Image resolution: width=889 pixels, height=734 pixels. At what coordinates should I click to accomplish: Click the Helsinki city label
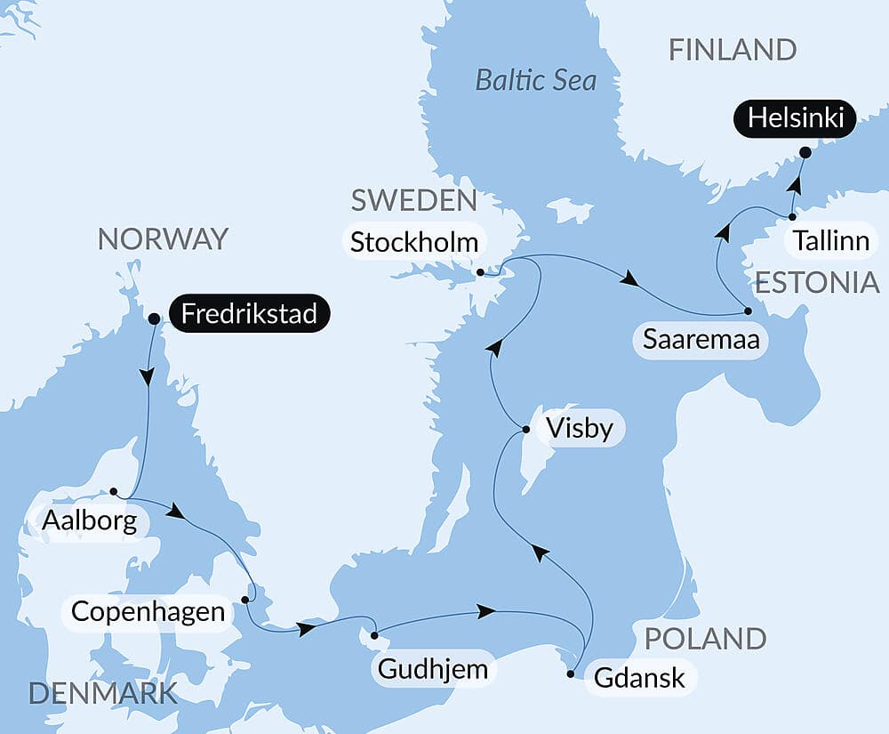795,118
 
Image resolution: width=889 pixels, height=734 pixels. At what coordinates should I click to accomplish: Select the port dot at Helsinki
805,152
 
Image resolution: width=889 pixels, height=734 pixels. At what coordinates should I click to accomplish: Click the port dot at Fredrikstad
154,318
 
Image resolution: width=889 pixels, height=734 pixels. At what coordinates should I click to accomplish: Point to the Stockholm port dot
480,272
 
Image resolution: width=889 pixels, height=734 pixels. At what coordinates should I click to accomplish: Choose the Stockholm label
413,242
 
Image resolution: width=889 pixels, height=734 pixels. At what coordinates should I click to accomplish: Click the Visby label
581,429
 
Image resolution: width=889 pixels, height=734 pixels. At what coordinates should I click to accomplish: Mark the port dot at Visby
525,430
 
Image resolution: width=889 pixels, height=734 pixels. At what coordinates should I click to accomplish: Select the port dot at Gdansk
570,674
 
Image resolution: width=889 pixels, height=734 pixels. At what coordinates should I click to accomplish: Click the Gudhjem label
433,669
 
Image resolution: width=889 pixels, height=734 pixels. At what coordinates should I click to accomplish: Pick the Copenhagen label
147,612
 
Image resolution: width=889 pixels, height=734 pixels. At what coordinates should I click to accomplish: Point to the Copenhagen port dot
244,599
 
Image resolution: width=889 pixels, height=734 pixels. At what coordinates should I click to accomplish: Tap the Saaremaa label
700,340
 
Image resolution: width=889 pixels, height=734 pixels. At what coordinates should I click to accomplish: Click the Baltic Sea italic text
535,80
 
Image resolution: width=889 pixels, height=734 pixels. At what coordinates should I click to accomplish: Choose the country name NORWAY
163,238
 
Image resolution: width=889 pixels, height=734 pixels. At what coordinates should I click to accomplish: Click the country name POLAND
705,638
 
